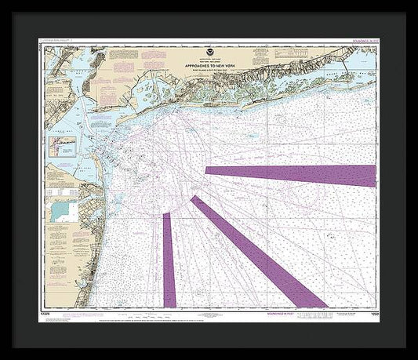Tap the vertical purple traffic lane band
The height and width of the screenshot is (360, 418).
point(168,259)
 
